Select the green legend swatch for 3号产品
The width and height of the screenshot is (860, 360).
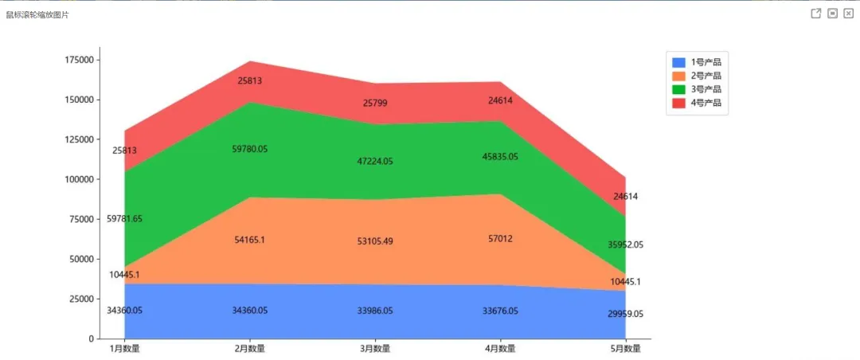[x=678, y=89]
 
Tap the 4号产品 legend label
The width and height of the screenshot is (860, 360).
[x=706, y=103]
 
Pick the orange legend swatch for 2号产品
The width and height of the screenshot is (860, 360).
[x=678, y=76]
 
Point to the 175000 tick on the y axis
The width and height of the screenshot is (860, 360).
[x=80, y=60]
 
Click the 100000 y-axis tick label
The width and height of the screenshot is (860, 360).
[x=80, y=179]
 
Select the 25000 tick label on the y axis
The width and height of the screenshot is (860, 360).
[x=82, y=299]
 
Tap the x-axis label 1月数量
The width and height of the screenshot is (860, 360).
[x=125, y=349]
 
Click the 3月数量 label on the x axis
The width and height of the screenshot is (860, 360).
[x=375, y=349]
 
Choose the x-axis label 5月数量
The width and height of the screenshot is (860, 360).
[x=626, y=349]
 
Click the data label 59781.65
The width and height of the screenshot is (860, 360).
[x=124, y=219]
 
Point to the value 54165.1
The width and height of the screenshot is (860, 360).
[x=249, y=240]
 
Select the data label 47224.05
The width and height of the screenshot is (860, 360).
[x=375, y=162]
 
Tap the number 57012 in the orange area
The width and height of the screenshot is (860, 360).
[x=500, y=239]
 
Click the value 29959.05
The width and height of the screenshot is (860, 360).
[x=626, y=315]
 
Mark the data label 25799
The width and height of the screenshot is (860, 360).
[x=375, y=103]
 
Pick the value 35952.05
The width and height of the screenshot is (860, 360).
[x=626, y=245]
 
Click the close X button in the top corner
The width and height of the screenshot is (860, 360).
[x=849, y=14]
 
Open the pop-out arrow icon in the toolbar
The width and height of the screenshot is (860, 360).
[x=816, y=14]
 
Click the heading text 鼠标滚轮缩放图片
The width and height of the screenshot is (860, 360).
[x=37, y=15]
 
